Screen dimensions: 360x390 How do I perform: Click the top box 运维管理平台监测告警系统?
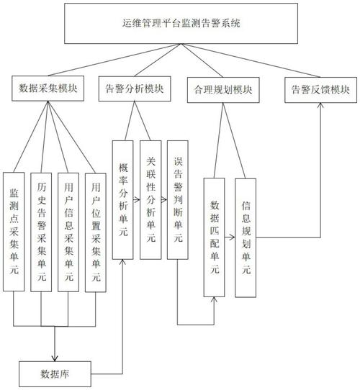(181, 24)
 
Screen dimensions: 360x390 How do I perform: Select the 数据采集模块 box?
(48, 89)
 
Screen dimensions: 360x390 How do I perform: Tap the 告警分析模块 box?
(135, 89)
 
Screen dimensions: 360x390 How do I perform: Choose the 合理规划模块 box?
(223, 90)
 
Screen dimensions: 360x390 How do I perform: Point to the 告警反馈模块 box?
(320, 90)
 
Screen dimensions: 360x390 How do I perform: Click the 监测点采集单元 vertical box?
(14, 232)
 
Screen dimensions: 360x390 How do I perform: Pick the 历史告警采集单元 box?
(41, 232)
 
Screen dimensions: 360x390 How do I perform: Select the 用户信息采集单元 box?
(68, 232)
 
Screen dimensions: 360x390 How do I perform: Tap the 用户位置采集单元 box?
(96, 232)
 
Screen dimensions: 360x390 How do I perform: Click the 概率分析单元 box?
(122, 200)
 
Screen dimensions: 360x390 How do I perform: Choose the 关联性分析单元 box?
(150, 200)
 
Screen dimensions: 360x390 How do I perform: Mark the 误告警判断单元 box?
(178, 200)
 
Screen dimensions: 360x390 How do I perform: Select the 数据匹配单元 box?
(214, 237)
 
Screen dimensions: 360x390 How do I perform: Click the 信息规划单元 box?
(246, 237)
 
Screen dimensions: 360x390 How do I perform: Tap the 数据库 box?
(55, 374)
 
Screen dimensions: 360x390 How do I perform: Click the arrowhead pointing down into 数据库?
(55, 358)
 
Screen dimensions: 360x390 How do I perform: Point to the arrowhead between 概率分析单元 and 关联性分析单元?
(137, 200)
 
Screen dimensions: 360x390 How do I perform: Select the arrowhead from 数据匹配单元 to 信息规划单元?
(233, 237)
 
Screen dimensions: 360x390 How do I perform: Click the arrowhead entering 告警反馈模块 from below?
(320, 106)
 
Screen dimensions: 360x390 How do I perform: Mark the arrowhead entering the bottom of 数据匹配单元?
(214, 300)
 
